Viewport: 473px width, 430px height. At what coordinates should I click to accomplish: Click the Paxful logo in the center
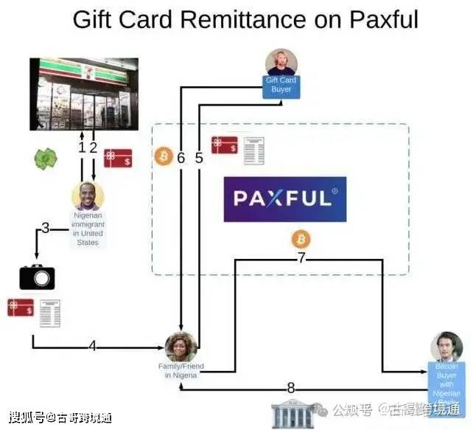coord(285,199)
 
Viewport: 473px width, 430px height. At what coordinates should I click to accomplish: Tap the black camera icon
coord(37,277)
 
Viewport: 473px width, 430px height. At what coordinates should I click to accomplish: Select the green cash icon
coord(44,159)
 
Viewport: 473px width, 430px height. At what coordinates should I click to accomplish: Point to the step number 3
coord(45,228)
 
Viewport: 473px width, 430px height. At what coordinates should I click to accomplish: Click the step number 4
coord(92,345)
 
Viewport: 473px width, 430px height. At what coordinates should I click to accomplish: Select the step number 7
coord(301,258)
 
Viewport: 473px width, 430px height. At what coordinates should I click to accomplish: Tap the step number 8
coord(290,388)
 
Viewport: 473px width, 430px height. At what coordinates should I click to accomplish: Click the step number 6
coord(181,157)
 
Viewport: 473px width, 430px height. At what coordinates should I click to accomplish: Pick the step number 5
coord(199,157)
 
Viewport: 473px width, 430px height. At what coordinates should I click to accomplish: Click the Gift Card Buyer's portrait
coord(281,62)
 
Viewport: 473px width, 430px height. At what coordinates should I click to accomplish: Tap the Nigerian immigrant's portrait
coord(88,196)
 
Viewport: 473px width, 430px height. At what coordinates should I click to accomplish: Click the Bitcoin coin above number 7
coord(301,239)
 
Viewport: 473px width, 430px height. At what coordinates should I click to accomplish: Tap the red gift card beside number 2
coord(117,158)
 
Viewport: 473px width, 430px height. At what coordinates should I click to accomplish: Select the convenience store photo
coord(83,94)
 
